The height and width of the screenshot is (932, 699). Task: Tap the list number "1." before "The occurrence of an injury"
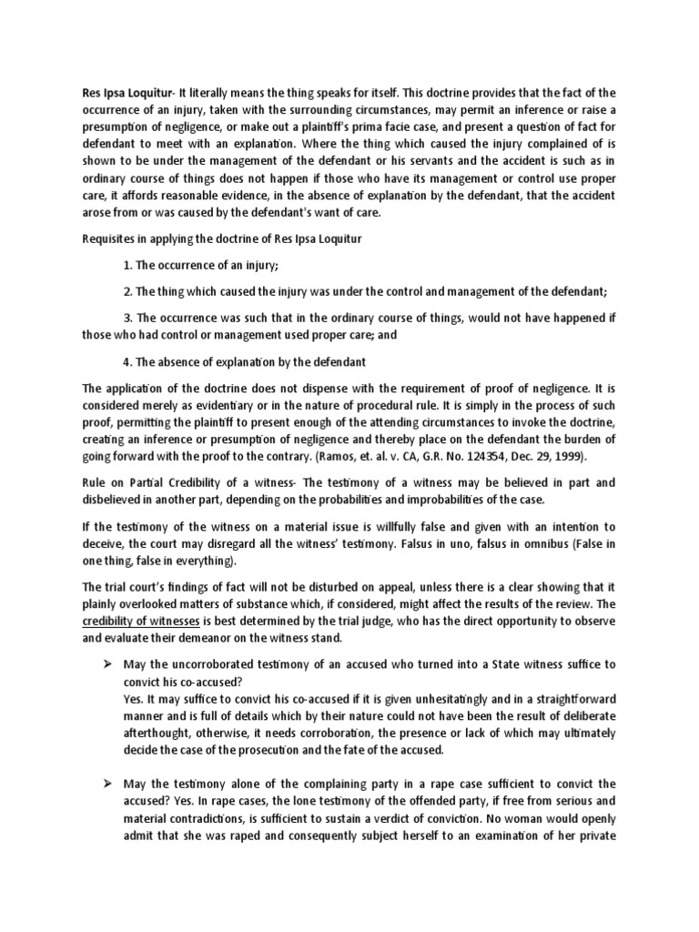[x=127, y=265]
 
